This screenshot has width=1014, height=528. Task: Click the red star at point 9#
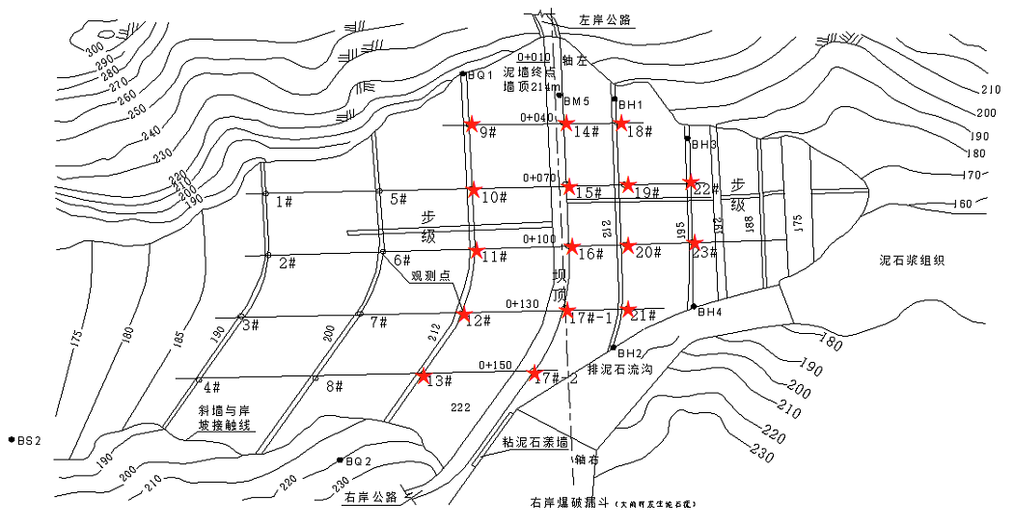click(x=472, y=124)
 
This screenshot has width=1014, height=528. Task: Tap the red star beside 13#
click(x=423, y=375)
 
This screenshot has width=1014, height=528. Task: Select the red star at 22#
click(x=691, y=181)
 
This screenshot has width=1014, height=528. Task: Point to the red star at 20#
click(x=628, y=246)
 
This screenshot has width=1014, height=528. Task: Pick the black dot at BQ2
click(x=339, y=459)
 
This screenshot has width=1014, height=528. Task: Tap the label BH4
click(x=709, y=312)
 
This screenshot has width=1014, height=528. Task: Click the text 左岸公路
click(x=606, y=18)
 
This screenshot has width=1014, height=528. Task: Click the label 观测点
click(x=431, y=275)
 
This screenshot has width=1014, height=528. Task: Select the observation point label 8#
click(x=335, y=386)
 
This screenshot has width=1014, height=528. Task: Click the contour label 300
click(x=94, y=50)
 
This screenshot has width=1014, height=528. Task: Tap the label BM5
click(x=576, y=100)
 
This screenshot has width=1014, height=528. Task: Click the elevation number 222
click(x=460, y=408)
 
